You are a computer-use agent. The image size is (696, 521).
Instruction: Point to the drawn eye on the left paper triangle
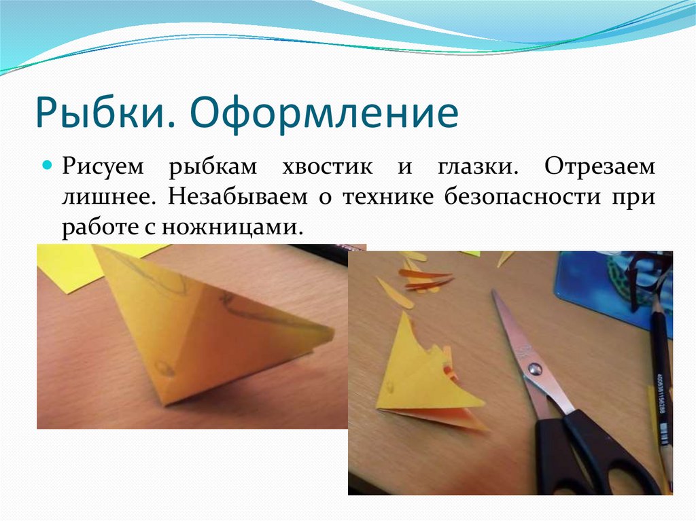(x=164, y=368)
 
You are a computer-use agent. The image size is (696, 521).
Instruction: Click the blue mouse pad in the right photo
(x=598, y=285)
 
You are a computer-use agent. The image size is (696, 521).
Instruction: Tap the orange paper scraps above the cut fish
(x=421, y=279)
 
